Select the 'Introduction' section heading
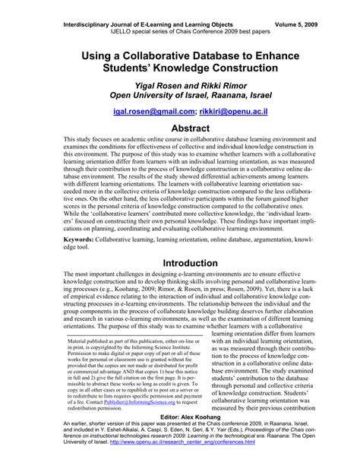click(x=180, y=264)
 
